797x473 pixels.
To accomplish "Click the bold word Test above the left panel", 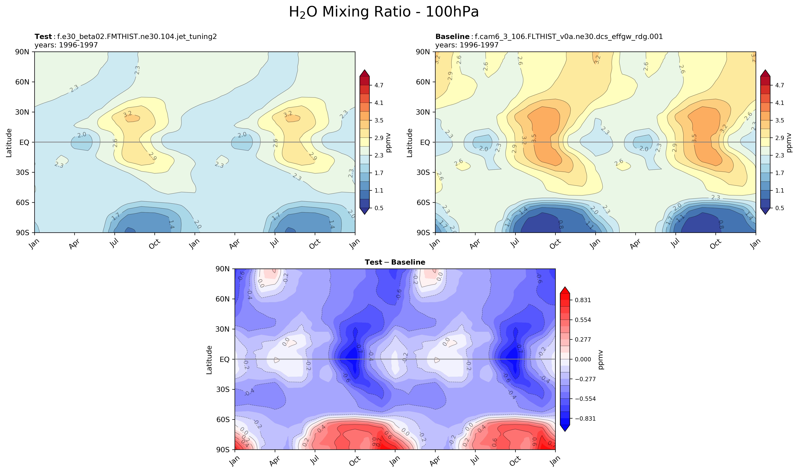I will pos(43,37).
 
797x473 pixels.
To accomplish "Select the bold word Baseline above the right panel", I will pos(452,37).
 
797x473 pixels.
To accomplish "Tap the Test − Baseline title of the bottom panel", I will pos(395,262).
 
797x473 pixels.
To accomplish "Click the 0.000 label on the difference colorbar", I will pos(583,359).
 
